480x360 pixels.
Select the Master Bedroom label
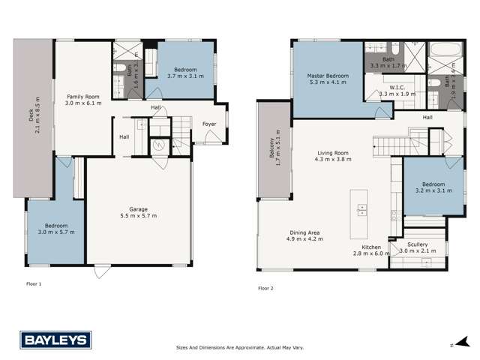[327, 79]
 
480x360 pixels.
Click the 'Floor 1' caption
[34, 284]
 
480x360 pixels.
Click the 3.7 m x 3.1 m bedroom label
[181, 72]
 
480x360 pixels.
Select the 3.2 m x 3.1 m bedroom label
[433, 187]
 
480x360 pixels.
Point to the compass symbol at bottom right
[452, 346]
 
